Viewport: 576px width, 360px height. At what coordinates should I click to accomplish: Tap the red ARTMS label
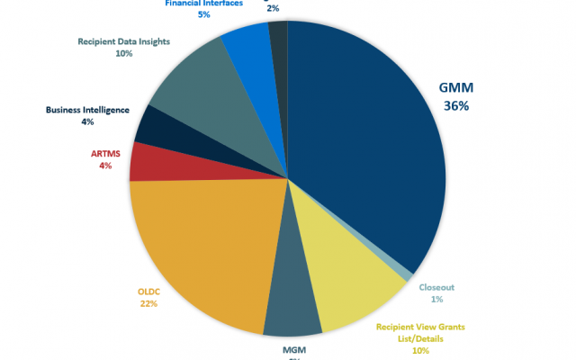pyautogui.click(x=105, y=154)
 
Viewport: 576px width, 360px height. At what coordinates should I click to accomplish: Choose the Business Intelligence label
pyautogui.click(x=87, y=110)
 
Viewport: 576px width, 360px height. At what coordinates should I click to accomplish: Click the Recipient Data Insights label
pyautogui.click(x=123, y=41)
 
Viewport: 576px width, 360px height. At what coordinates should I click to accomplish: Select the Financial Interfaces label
pyautogui.click(x=203, y=3)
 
